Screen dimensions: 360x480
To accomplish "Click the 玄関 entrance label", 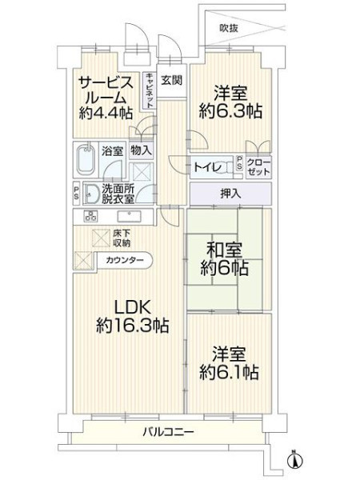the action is pos(172,80).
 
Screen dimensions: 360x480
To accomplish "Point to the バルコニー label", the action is pos(168,432).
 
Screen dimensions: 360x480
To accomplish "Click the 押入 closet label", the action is pos(231,194).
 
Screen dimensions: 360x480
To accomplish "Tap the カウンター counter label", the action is pos(125,261).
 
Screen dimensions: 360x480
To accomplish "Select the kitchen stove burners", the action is pos(90,216).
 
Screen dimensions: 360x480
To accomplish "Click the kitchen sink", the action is pos(129,216).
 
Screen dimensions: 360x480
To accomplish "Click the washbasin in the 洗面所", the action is pos(91,194).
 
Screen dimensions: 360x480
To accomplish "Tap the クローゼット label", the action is pos(258,167).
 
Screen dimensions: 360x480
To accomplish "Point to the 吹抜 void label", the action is pos(229,28).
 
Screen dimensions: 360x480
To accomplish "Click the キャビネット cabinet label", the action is pos(150,90).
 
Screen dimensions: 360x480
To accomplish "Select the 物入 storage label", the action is pos(141,150).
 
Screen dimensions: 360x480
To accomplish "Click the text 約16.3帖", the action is pos(132,325).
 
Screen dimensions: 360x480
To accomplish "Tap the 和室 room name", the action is pos(224,250).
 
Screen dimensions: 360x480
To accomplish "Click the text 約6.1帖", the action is pos(229,372).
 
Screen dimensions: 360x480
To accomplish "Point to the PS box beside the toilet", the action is pos(239,163).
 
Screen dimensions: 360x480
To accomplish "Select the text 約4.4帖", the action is pos(106,114).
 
